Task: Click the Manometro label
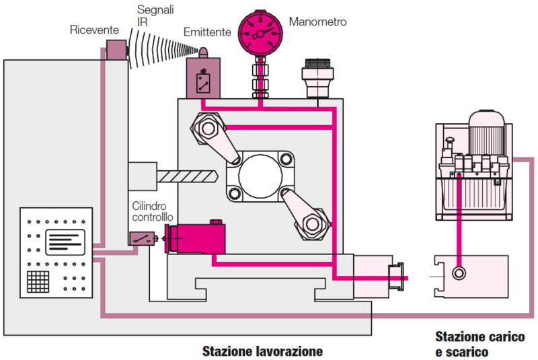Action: pyautogui.click(x=317, y=22)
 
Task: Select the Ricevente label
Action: pyautogui.click(x=94, y=30)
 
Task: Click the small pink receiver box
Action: pyautogui.click(x=116, y=50)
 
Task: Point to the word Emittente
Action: pyautogui.click(x=207, y=32)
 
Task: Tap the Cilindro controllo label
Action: pyautogui.click(x=154, y=211)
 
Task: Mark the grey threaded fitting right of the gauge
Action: pyautogui.click(x=317, y=78)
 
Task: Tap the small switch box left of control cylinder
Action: pyautogui.click(x=139, y=238)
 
